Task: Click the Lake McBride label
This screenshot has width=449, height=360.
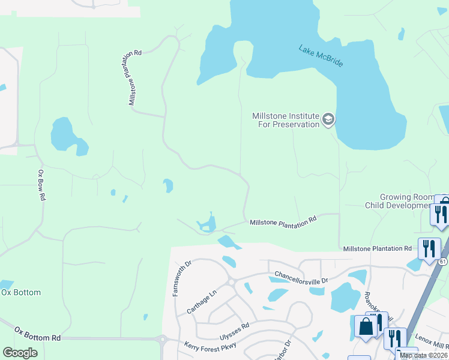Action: [x=321, y=55]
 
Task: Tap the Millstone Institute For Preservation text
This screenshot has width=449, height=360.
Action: [x=286, y=120]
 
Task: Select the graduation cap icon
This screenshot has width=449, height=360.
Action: [x=328, y=119]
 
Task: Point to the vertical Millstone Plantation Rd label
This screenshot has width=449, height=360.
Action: [x=135, y=78]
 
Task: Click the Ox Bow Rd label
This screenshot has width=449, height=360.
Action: [x=41, y=185]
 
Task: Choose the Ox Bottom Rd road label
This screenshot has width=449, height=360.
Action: [x=38, y=334]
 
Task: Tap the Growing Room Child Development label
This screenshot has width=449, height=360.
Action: [x=406, y=201]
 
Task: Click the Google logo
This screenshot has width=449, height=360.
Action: [x=20, y=353]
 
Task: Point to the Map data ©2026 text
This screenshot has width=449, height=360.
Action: [x=423, y=355]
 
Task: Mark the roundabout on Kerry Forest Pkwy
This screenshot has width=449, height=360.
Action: [x=162, y=340]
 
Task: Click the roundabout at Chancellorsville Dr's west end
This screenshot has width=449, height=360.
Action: [x=231, y=282]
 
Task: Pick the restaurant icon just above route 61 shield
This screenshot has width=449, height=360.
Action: [x=429, y=247]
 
